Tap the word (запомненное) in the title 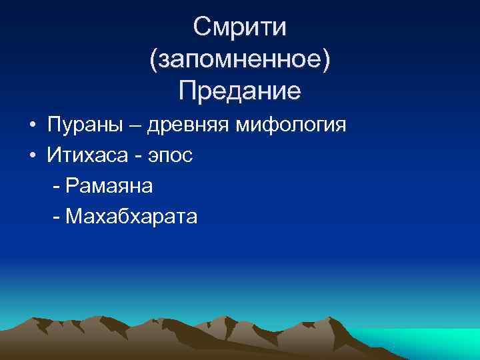(240, 59)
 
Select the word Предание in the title (240, 91)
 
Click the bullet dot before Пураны (32, 125)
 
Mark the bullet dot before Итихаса (32, 156)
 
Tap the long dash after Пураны (138, 126)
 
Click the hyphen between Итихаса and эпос (139, 157)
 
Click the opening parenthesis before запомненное (154, 60)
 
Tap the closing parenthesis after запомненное (325, 60)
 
